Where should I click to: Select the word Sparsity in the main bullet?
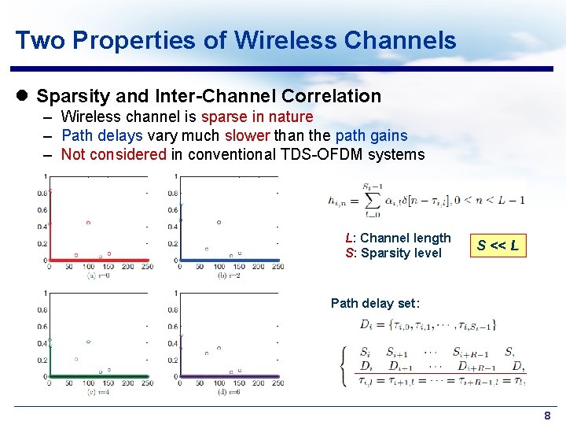point(71,97)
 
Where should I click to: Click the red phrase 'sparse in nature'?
point(257,117)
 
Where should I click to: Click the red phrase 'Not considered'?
point(114,154)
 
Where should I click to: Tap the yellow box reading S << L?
point(498,246)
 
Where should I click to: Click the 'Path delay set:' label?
point(375,303)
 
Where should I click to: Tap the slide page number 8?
point(547,415)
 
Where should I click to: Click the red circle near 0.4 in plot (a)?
point(88,223)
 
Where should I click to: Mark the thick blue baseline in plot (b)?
point(228,260)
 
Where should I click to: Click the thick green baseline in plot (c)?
point(98,377)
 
